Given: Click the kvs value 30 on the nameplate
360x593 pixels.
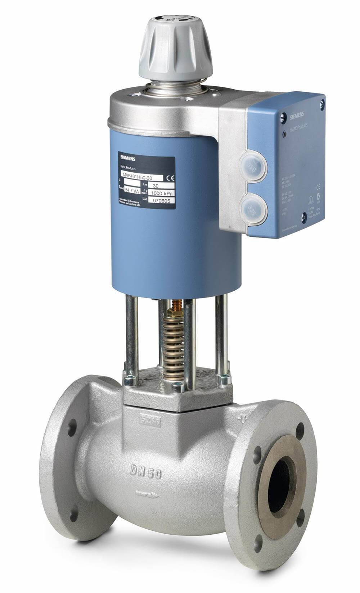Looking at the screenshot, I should [156, 186].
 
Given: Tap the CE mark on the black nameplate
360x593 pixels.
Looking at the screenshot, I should [170, 177].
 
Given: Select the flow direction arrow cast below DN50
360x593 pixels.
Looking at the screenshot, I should [147, 494].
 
